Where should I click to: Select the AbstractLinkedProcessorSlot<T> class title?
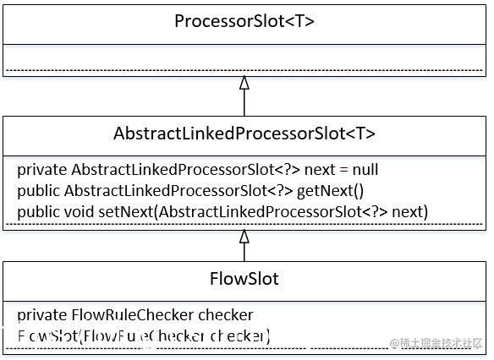(244, 134)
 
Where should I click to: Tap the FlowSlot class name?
(244, 278)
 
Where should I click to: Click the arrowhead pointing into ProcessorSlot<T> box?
(244, 83)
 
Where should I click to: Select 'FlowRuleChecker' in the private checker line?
(116, 315)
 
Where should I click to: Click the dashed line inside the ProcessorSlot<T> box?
(244, 69)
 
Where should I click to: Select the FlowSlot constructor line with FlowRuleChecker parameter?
(143, 336)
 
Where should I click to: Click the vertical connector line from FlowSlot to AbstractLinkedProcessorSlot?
(244, 252)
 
